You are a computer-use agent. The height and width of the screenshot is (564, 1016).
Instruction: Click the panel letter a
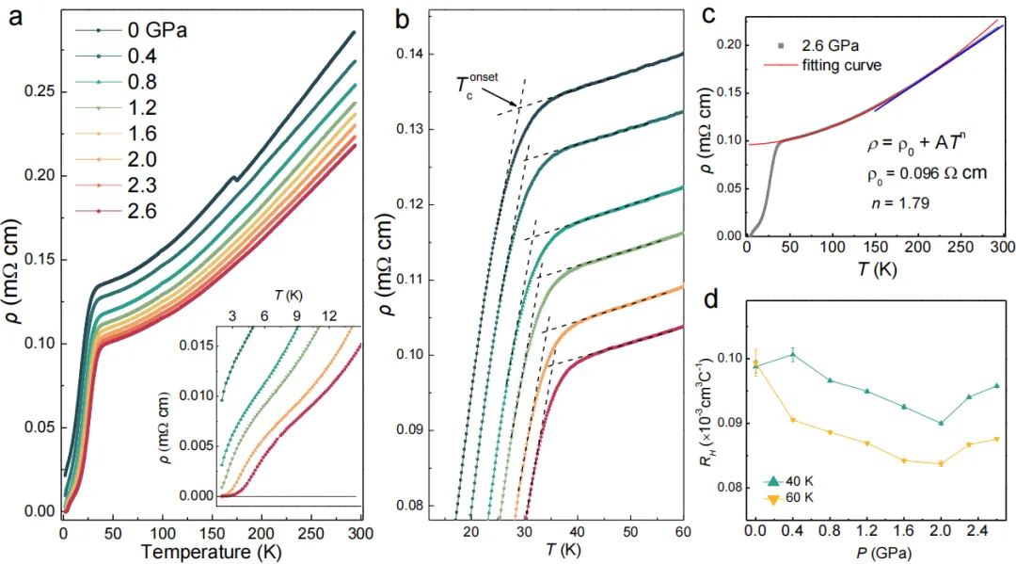(x=18, y=17)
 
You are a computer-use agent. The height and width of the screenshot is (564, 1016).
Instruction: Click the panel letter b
(x=403, y=17)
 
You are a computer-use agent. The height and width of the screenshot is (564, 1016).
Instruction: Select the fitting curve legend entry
(x=841, y=65)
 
